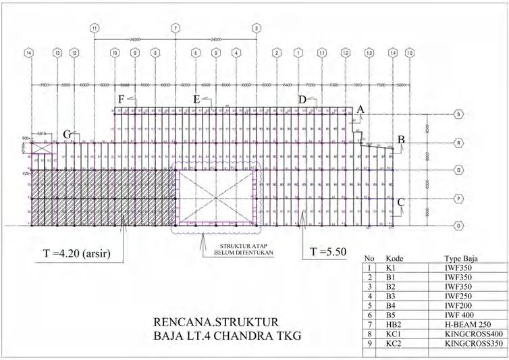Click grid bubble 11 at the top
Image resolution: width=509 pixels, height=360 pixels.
(95, 28)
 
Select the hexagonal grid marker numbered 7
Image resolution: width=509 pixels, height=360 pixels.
(176, 28)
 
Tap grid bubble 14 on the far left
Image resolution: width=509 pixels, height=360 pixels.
(28, 52)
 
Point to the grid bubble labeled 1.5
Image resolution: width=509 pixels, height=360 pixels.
(410, 52)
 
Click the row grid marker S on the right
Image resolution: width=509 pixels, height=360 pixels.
(459, 114)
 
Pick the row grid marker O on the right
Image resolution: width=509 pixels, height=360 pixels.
(459, 226)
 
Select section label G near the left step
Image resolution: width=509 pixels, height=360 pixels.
(68, 134)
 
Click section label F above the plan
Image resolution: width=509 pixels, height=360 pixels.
(121, 99)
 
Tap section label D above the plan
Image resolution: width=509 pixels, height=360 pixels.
(302, 99)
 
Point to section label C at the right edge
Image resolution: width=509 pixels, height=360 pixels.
(401, 201)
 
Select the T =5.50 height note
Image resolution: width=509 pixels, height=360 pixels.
(328, 252)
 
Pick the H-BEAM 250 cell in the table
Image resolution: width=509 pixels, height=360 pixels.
(462, 324)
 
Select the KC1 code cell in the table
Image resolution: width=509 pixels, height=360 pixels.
(394, 334)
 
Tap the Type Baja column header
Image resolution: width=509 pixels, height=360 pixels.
(461, 259)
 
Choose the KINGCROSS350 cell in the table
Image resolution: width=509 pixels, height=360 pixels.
(473, 343)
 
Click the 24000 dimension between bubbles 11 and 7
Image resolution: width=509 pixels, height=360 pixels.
(135, 39)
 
